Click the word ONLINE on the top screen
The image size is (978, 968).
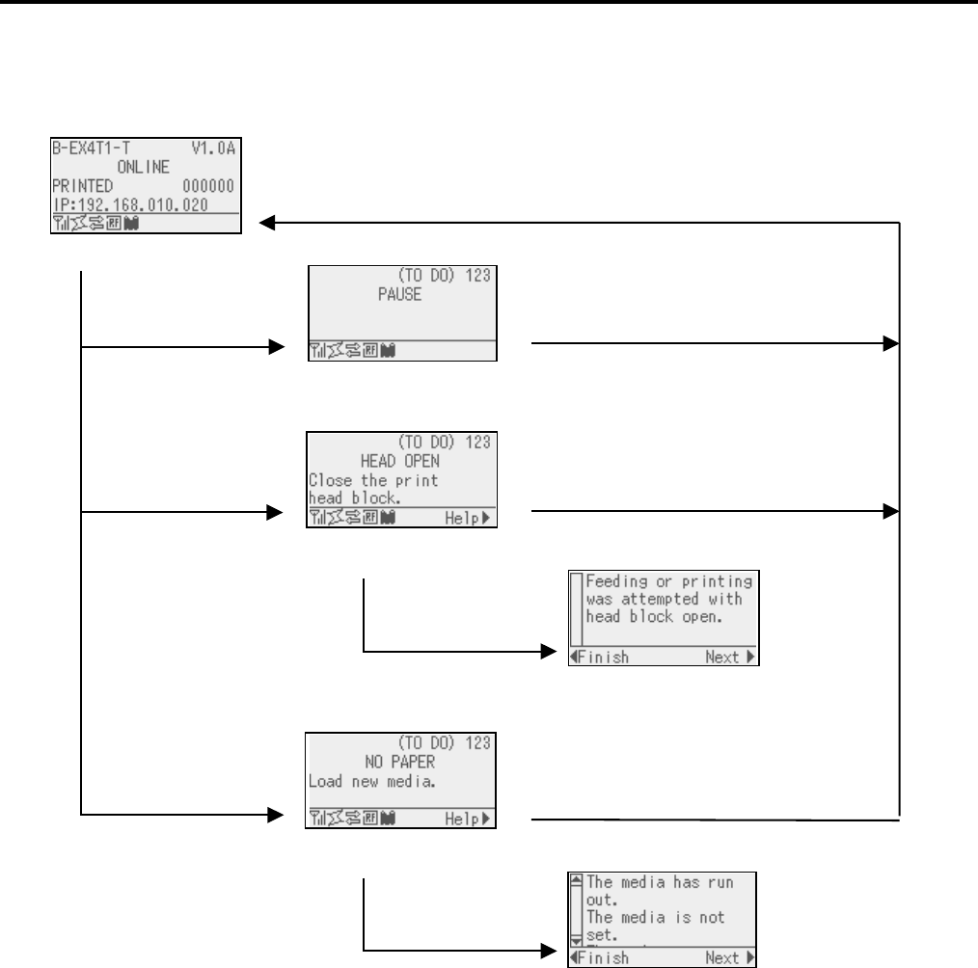point(145,166)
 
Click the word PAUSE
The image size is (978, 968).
point(400,295)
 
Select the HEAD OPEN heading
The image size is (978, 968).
point(400,460)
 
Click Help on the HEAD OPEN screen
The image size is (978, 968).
point(467,518)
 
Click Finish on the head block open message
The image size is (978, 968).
point(600,658)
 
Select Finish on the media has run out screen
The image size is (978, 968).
point(600,957)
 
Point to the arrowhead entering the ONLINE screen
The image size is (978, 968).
point(269,224)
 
